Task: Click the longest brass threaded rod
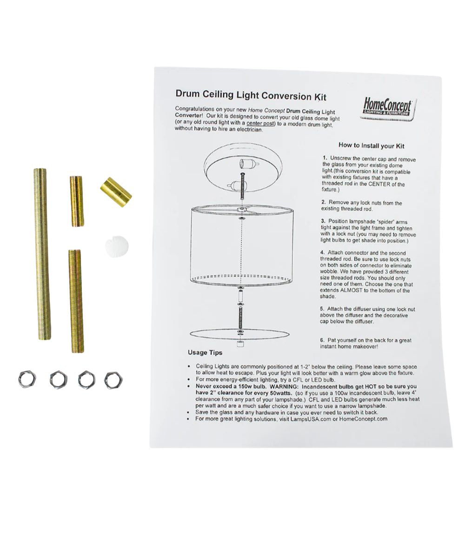(42, 254)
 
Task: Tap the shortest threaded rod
(77, 201)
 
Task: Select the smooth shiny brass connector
(116, 192)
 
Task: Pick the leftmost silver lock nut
(27, 379)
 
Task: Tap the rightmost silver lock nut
(113, 380)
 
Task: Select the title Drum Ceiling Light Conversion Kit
(251, 95)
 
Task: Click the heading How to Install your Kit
(371, 146)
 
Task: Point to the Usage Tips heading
(205, 352)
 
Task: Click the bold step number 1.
(325, 158)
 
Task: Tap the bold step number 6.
(322, 340)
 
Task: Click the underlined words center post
(260, 124)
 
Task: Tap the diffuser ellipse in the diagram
(240, 333)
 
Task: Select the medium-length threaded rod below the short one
(76, 301)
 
